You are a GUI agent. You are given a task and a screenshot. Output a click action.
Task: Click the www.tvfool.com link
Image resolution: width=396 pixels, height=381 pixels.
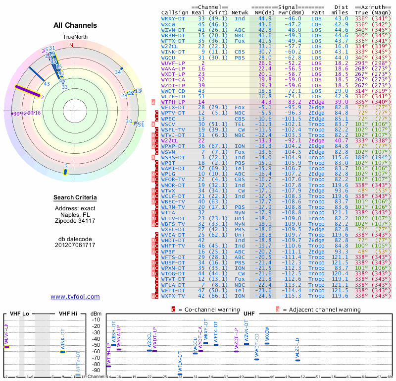[x=75, y=297]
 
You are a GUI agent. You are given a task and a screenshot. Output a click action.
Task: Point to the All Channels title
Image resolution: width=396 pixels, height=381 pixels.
[x=75, y=25]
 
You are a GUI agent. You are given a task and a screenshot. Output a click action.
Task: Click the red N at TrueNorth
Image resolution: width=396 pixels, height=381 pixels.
[x=72, y=45]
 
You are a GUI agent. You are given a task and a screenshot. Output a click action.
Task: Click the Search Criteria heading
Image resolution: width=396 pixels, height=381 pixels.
[x=75, y=198]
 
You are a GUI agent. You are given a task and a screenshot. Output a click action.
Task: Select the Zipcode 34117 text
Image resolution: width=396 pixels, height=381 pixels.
[x=75, y=221]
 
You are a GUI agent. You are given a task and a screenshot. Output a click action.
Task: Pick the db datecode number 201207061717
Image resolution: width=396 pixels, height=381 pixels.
[x=75, y=245]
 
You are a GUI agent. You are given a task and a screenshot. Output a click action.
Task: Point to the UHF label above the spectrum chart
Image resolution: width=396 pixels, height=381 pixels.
[x=249, y=314]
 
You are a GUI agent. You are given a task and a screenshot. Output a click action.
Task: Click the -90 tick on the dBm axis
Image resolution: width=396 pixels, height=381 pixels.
[x=96, y=370]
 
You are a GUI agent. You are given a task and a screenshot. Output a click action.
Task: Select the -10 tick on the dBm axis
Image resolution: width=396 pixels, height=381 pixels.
[x=96, y=320]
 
